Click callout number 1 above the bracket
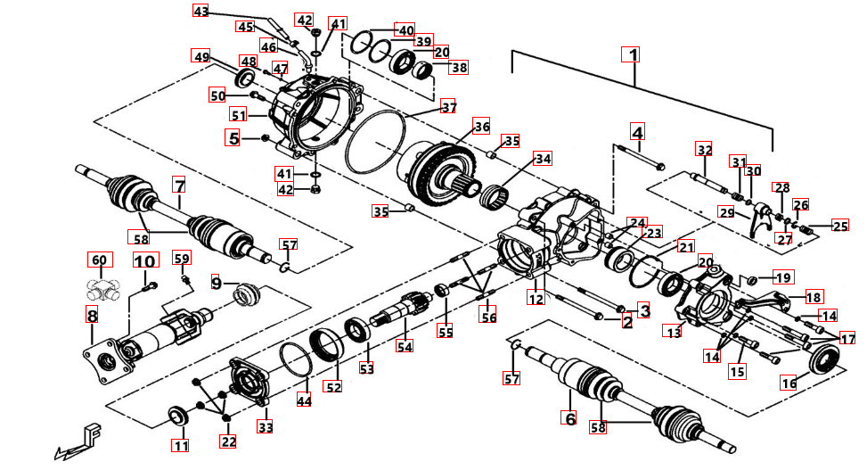pyautogui.click(x=632, y=54)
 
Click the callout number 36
pyautogui.click(x=481, y=127)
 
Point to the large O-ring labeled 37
pyautogui.click(x=374, y=144)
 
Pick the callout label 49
pyautogui.click(x=202, y=57)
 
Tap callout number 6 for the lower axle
pyautogui.click(x=568, y=416)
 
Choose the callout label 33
pyautogui.click(x=266, y=427)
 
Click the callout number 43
pyautogui.click(x=201, y=12)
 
